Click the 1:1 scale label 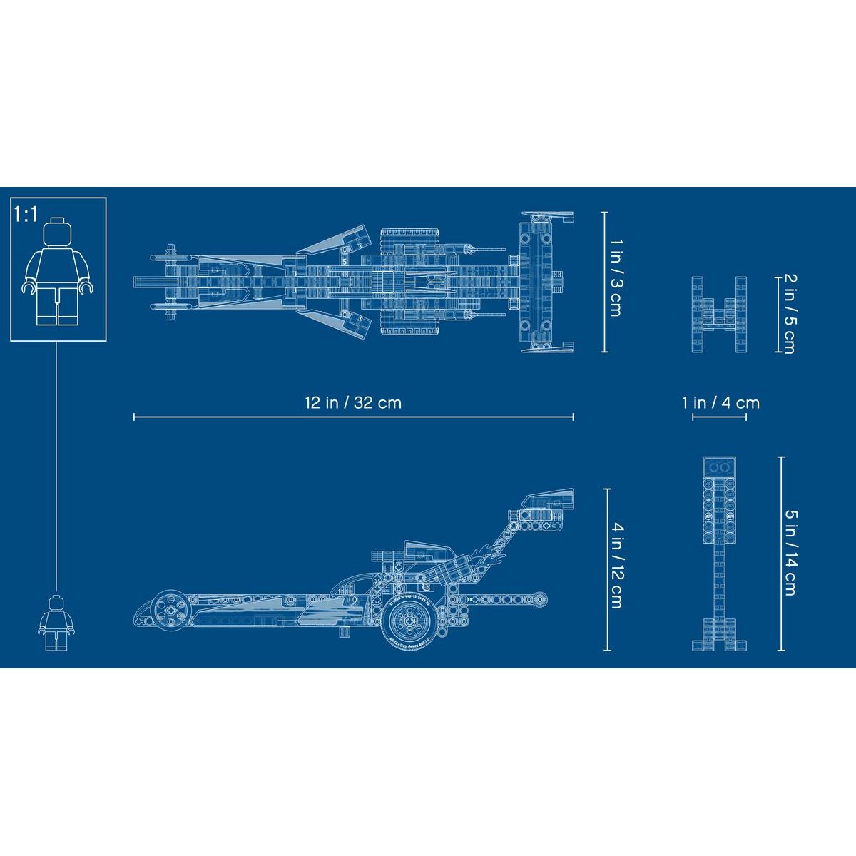(26, 214)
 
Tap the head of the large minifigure (58, 231)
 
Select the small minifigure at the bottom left (56, 623)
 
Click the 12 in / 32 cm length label (353, 403)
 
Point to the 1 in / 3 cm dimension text (616, 278)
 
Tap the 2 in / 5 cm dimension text (790, 314)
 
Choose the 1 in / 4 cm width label (720, 403)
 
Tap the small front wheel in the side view (170, 610)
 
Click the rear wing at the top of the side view (548, 500)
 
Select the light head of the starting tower (719, 500)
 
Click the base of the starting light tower (719, 634)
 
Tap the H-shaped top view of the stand (719, 315)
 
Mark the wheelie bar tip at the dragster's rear (541, 599)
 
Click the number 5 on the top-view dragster (345, 262)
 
